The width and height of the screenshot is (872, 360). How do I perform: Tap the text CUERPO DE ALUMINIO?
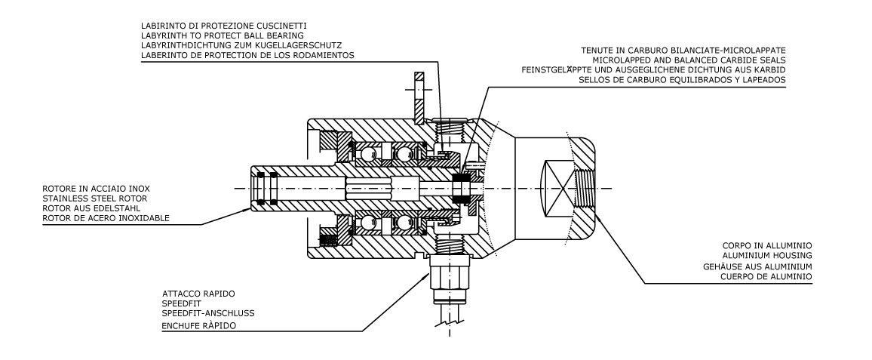(x=769, y=276)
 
